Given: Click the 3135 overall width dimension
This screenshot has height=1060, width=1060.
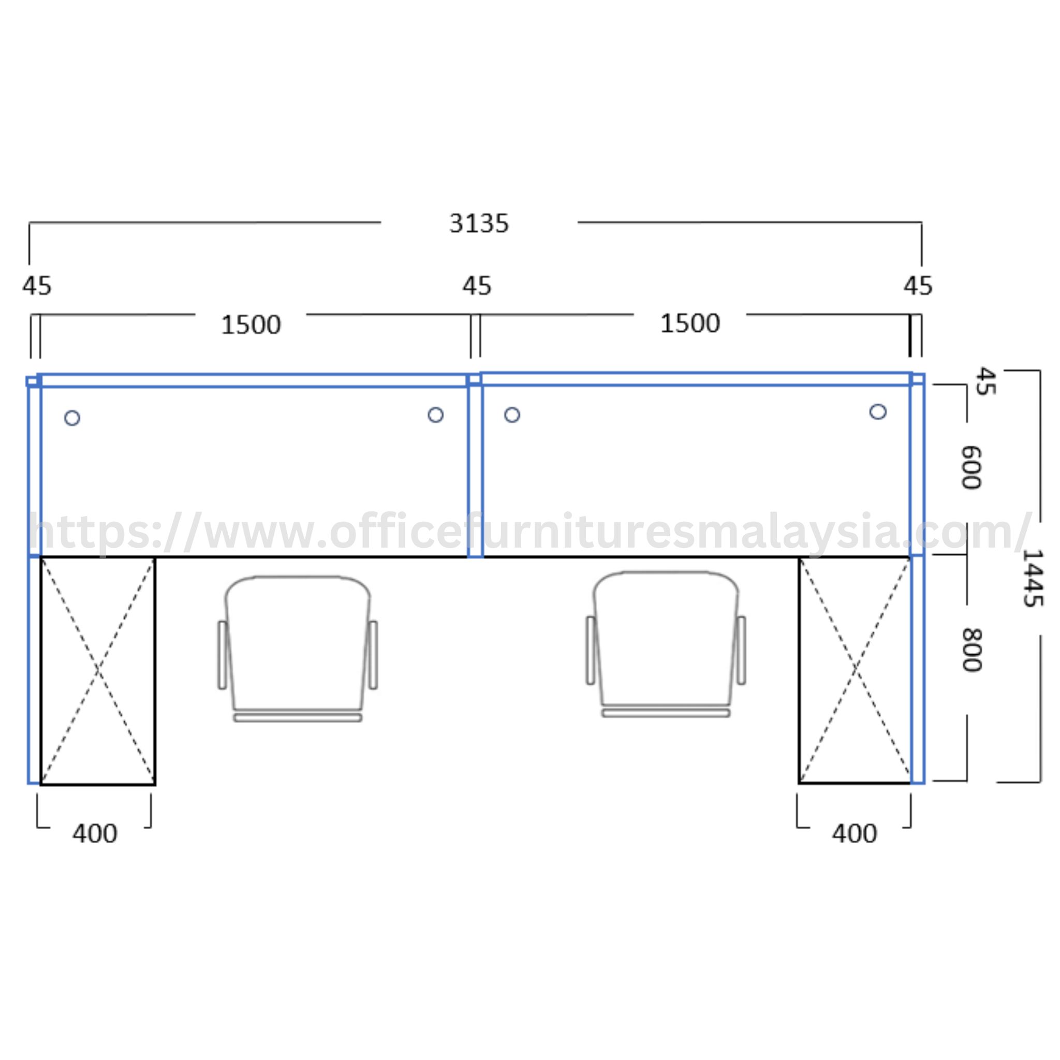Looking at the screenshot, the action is pyautogui.click(x=479, y=223).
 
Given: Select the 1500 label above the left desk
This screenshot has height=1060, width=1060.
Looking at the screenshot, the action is pyautogui.click(x=251, y=325).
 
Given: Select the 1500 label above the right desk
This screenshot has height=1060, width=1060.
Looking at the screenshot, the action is pyautogui.click(x=689, y=323).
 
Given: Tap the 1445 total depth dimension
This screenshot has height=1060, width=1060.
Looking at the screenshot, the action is pyautogui.click(x=1032, y=578).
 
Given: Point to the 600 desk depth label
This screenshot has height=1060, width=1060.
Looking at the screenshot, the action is pyautogui.click(x=971, y=467).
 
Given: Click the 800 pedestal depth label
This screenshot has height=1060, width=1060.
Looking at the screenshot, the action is pyautogui.click(x=971, y=650).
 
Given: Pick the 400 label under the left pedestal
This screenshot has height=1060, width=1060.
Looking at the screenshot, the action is pyautogui.click(x=94, y=834).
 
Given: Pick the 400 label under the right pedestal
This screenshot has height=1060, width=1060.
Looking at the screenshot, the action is pyautogui.click(x=854, y=834).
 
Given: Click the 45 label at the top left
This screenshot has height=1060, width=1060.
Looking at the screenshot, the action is pyautogui.click(x=37, y=286).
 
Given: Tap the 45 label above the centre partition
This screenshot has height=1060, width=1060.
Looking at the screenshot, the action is pyautogui.click(x=476, y=286).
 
